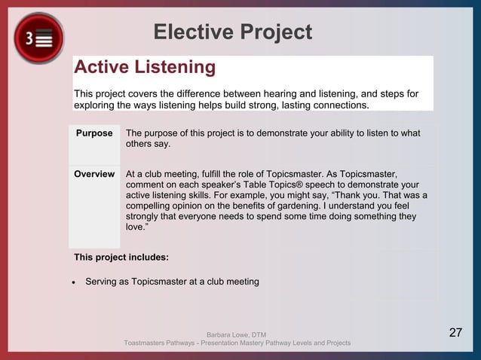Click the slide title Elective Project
[x=232, y=32]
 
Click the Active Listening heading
[x=145, y=68]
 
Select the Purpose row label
[x=94, y=133]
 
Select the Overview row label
[x=94, y=174]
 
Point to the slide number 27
[x=455, y=333]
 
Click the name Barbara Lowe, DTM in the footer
[x=236, y=334]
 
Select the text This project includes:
[x=121, y=258]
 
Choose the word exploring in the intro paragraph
[x=93, y=105]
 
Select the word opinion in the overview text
[x=198, y=206]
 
